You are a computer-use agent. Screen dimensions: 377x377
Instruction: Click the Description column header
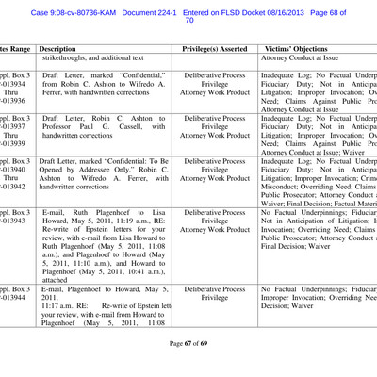[x=58, y=46]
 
